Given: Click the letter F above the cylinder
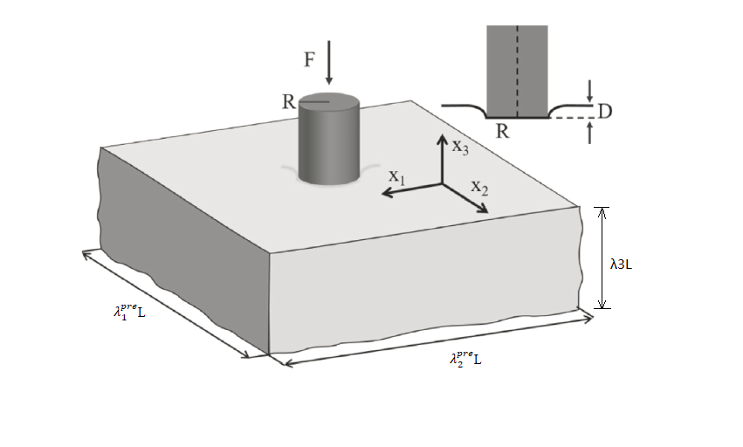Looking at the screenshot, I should pos(309,61).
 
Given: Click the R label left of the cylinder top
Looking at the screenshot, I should pos(289,100).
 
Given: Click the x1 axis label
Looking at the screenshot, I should pos(397,176).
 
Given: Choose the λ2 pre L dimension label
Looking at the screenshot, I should pos(464,357).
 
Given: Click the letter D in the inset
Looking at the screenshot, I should pos(604,111).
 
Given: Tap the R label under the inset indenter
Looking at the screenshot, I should pos(502,132).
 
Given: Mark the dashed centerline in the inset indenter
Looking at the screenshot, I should pos(517,70).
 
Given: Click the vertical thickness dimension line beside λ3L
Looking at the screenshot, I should pos(600,258).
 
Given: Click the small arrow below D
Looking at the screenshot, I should pos(591,132).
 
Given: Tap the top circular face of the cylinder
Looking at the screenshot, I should pos(329,101).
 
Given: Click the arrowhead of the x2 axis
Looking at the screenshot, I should pos(483,209).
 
